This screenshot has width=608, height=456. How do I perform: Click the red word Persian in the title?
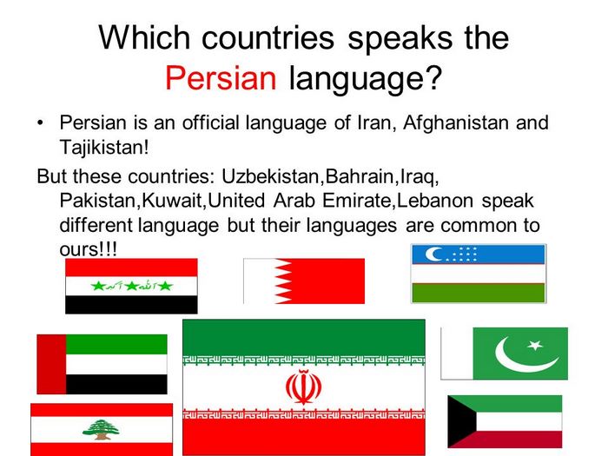[221, 78]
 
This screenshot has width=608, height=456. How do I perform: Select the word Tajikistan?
[104, 148]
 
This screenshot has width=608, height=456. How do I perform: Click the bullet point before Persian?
[40, 123]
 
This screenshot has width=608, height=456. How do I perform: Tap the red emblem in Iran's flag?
[304, 387]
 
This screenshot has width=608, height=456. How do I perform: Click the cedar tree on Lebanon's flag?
[102, 429]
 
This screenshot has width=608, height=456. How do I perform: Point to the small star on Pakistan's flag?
[535, 344]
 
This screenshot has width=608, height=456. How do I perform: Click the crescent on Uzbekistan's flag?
[433, 254]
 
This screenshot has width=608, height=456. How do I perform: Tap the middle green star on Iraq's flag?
[131, 286]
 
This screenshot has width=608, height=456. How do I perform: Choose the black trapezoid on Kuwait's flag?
[461, 421]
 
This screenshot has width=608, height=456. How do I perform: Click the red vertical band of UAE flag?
[51, 364]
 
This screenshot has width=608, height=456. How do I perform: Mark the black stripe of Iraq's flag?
[131, 305]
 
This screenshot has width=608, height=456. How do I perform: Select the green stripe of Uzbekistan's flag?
[479, 293]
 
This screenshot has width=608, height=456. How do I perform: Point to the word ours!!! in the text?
[88, 249]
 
